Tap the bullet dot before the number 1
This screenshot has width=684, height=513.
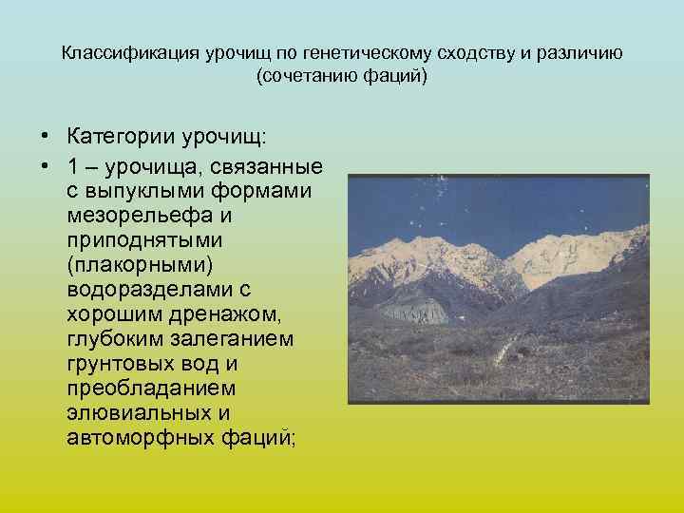pyautogui.click(x=45, y=166)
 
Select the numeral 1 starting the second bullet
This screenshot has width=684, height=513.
pyautogui.click(x=73, y=166)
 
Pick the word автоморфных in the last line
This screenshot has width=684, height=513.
pyautogui.click(x=129, y=437)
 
